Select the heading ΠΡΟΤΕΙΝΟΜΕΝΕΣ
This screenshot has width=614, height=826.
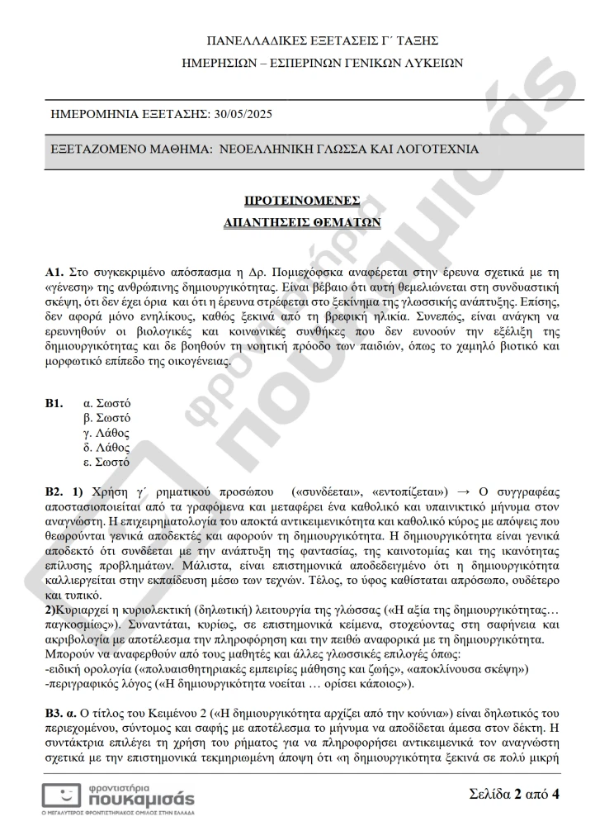tap(302, 200)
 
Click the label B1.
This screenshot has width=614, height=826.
tap(54, 403)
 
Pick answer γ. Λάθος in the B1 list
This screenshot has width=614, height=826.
tap(107, 432)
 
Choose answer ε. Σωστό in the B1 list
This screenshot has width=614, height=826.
tap(107, 462)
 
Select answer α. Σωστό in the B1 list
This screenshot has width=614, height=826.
tap(107, 403)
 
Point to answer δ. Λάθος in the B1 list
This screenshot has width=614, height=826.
tap(107, 447)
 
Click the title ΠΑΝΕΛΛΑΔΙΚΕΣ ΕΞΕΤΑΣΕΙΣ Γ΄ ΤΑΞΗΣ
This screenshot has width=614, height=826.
tap(323, 40)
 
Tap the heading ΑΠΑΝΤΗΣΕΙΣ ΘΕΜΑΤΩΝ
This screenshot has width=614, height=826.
tap(302, 222)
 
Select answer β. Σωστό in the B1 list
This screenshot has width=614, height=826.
tap(107, 418)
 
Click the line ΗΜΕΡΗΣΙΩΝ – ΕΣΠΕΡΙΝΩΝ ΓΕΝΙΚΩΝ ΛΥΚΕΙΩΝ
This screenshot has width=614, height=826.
tap(323, 62)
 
